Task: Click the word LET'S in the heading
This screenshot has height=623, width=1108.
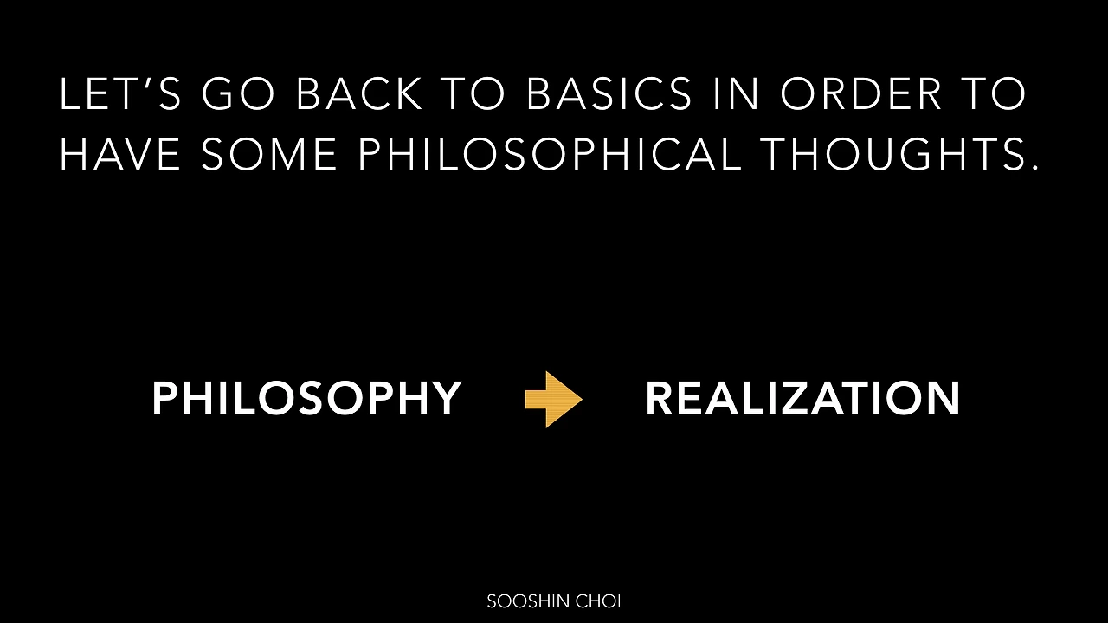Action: (x=120, y=94)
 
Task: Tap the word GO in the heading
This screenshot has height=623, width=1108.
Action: (x=237, y=94)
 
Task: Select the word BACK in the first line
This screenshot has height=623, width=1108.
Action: (x=358, y=94)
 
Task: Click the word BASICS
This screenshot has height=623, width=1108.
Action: (x=609, y=94)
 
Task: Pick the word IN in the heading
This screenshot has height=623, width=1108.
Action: (x=736, y=94)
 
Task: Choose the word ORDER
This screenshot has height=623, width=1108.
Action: (x=860, y=94)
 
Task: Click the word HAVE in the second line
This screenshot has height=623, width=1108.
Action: (x=120, y=154)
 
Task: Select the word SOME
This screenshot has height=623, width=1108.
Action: (x=269, y=154)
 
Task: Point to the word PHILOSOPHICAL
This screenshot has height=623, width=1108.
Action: (x=550, y=154)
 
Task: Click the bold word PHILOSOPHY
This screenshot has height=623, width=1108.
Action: (x=306, y=398)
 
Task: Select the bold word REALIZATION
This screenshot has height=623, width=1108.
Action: (x=802, y=398)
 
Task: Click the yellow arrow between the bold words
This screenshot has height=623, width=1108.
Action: (x=554, y=399)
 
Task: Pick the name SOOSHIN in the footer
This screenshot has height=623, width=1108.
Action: (x=529, y=601)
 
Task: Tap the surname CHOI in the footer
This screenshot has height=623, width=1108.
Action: (x=598, y=601)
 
